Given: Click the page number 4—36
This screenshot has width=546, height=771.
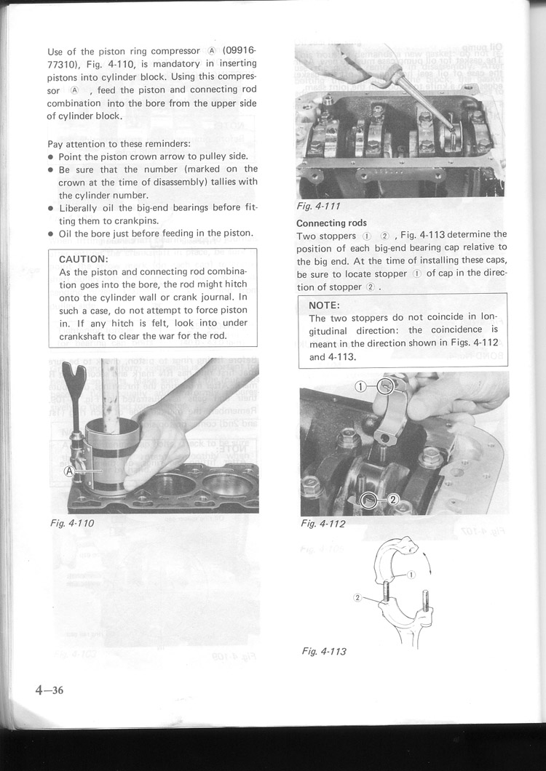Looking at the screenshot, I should (x=49, y=690).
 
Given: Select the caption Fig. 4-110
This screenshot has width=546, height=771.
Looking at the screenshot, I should (x=71, y=522).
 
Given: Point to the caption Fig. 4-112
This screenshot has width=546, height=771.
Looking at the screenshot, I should (x=323, y=524).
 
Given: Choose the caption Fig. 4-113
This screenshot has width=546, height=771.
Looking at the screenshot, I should (x=324, y=651).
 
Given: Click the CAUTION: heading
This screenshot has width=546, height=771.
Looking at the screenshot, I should (x=84, y=258).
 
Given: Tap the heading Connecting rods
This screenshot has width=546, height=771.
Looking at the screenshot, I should (x=331, y=223).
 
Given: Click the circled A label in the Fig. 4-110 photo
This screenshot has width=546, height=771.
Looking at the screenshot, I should (x=70, y=471).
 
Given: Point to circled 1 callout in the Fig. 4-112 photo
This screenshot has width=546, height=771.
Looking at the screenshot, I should (x=361, y=386).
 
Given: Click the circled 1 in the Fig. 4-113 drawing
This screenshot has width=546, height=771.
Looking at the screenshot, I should (x=411, y=575).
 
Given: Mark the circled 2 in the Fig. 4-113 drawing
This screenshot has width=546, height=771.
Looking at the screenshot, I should (x=357, y=597).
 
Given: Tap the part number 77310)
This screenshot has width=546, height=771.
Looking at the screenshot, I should (x=68, y=63).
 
